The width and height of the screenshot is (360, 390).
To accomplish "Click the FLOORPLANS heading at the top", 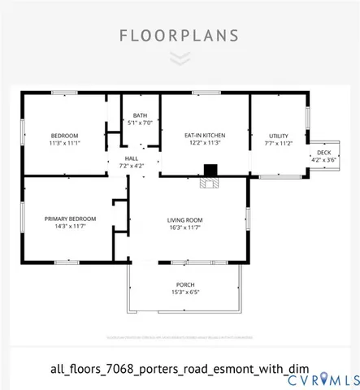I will coord(179,36).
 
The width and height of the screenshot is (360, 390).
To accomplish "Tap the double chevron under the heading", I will coord(180,58).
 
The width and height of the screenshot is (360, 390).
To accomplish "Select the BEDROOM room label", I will coord(64,135).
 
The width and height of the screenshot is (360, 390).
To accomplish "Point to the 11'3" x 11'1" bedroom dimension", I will coord(64,143).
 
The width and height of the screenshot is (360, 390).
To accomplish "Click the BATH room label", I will coord(141,115).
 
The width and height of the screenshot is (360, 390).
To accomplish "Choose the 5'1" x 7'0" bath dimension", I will coord(141,123).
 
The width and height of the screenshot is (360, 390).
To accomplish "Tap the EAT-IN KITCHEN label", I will coord(205,135).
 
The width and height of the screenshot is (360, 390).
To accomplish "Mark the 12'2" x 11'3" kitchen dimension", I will coord(205,143).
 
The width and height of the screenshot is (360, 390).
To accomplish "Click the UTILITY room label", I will coord(279,135).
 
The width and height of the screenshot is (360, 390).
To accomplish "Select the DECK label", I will coord(324,152).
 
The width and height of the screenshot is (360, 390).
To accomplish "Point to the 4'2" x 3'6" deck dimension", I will coord(324,159).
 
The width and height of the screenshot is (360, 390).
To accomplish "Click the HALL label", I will coord(132,158).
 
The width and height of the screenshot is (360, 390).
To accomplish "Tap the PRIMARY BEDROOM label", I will coord(71,219).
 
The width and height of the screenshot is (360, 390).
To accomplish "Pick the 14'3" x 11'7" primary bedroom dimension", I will coord(71,227).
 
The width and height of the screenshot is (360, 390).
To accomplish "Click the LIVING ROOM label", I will coord(184,220).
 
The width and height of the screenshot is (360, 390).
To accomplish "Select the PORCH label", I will coord(185,284).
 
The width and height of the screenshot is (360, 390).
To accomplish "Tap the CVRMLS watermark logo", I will coord(325,379).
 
